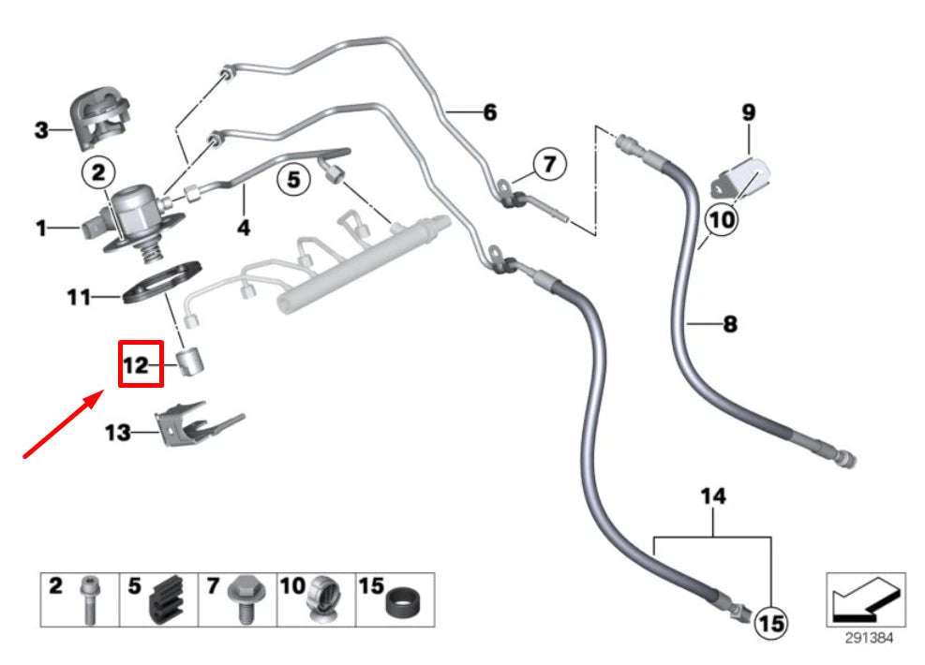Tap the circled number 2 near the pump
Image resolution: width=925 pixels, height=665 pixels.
[x=99, y=171]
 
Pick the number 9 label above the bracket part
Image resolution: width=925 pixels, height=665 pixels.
[x=748, y=112]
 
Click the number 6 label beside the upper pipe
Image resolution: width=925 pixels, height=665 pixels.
[x=489, y=113]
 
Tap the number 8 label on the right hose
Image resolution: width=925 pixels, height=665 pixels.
[x=729, y=325]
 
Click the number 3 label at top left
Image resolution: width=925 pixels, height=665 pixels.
[x=41, y=130]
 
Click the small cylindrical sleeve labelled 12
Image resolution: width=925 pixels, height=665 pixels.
[x=193, y=361]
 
